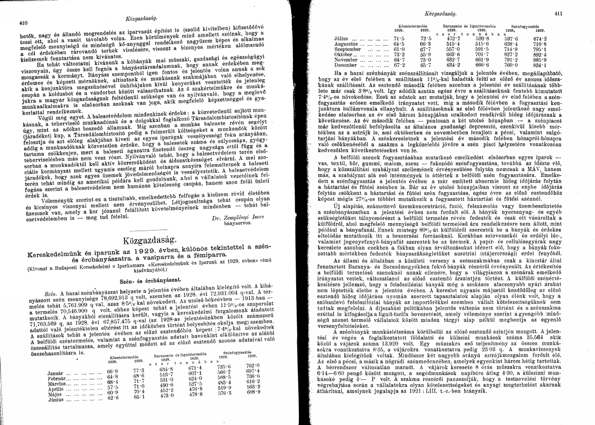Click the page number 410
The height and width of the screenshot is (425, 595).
pos(23,23)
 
